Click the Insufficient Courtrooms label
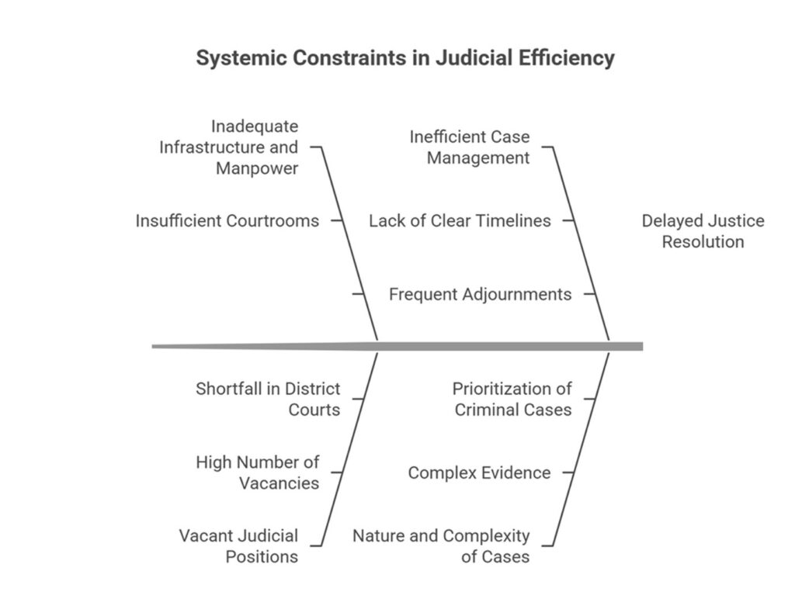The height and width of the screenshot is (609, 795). pos(227,220)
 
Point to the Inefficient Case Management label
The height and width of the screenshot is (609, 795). pos(470,147)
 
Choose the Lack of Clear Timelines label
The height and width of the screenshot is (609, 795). pos(460,220)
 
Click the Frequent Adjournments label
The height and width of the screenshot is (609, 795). pos(480,294)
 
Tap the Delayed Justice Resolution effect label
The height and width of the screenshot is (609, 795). pos(703,230)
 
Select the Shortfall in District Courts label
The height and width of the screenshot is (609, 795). pos(268,399)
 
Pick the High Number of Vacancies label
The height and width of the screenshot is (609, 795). pos(257,472)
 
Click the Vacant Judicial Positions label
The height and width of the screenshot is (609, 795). pos(238,545)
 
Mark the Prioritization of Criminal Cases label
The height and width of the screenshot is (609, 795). pos(512,399)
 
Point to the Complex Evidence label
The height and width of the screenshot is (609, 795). pos(479,472)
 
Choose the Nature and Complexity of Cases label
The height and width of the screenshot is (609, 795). pos(441,545)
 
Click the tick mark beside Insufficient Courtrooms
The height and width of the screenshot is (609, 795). pos(337,220)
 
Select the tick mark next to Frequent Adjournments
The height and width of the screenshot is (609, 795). pos(589,294)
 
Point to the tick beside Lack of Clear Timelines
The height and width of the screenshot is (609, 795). pos(568,220)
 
